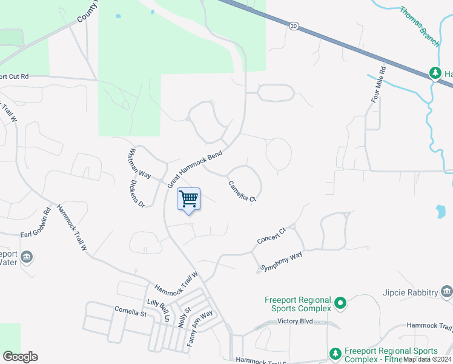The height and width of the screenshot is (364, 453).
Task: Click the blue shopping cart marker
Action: point(189,199)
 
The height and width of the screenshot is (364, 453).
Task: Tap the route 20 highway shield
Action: point(294,26)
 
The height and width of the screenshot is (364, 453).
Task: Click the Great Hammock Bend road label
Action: point(195,168)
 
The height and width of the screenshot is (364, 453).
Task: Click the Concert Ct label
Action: point(271,235)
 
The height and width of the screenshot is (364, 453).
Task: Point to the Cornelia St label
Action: point(131,312)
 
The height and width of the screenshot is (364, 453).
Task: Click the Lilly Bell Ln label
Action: point(159,310)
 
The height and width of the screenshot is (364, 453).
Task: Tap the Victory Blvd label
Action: point(295,321)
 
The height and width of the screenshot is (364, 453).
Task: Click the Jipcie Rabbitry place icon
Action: point(447,292)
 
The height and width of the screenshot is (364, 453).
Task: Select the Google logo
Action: point(20,357)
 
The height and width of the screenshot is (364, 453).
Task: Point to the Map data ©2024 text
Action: point(426,359)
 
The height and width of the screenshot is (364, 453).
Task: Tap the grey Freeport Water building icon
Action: point(26,257)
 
